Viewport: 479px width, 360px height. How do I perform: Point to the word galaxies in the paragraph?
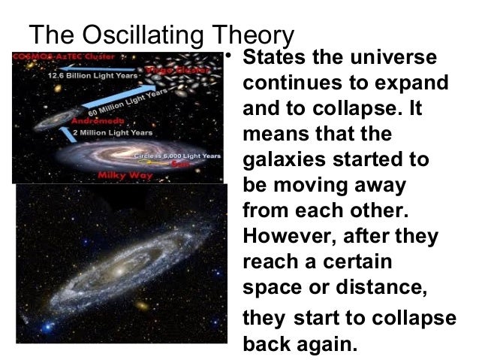pos(282,160)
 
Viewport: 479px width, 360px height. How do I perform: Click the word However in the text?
pos(288,237)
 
